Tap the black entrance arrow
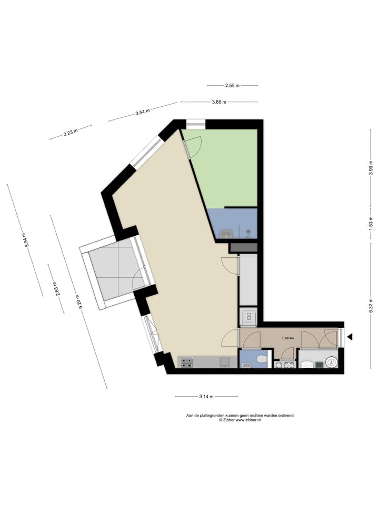[x=349, y=337]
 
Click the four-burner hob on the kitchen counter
[x=187, y=362]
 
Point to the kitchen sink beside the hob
[x=225, y=361]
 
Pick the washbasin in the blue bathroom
[x=226, y=233]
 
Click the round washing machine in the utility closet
[x=332, y=362]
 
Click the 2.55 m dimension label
[x=232, y=85]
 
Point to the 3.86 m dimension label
[x=219, y=102]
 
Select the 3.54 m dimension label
[x=143, y=112]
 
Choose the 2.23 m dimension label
[x=71, y=132]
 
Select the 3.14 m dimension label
[x=206, y=396]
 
